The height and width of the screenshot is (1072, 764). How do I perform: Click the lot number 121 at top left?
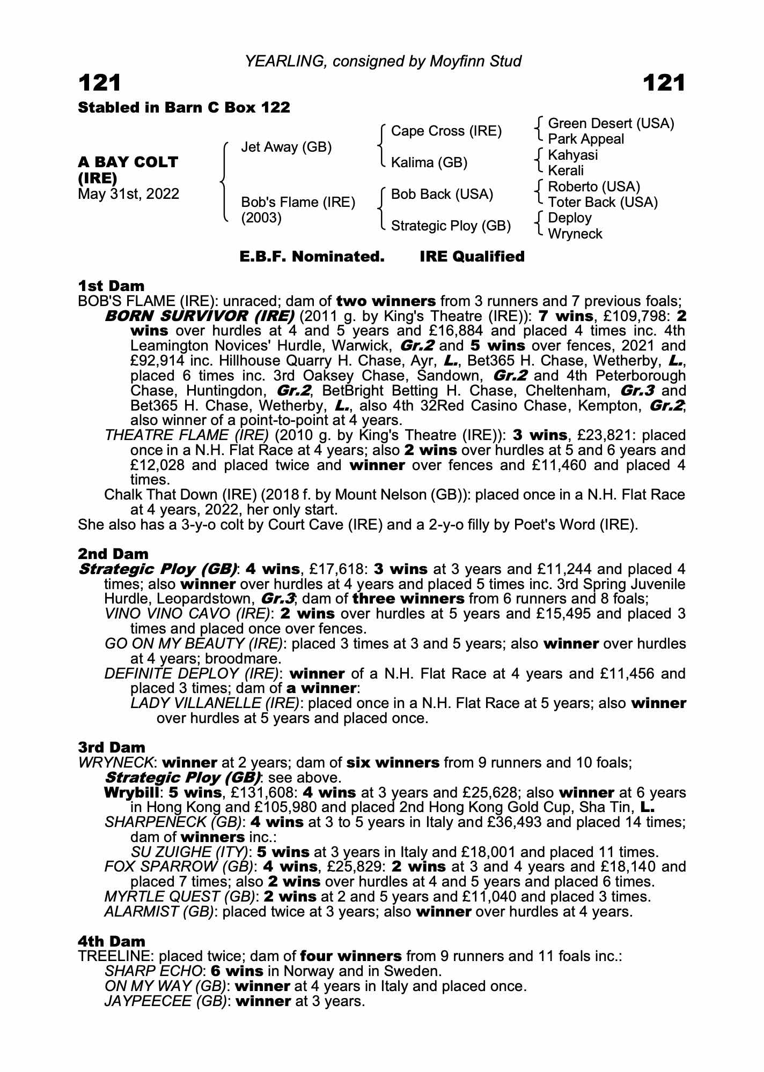tap(100, 83)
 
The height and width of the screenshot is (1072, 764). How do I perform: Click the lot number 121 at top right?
tap(664, 83)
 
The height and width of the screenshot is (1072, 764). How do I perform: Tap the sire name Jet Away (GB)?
tap(286, 147)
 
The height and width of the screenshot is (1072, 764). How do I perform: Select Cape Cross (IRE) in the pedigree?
tap(446, 131)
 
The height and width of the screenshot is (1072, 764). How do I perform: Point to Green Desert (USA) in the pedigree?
tap(611, 124)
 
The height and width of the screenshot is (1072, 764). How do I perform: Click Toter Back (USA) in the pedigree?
tap(603, 202)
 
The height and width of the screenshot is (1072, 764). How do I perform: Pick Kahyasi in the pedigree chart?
tap(572, 155)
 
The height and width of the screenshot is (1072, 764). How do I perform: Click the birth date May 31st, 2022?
tap(128, 193)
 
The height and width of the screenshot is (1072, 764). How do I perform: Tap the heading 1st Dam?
tap(111, 286)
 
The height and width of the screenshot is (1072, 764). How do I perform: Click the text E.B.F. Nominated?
tap(312, 257)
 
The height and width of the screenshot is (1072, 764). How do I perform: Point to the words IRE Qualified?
tap(472, 257)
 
